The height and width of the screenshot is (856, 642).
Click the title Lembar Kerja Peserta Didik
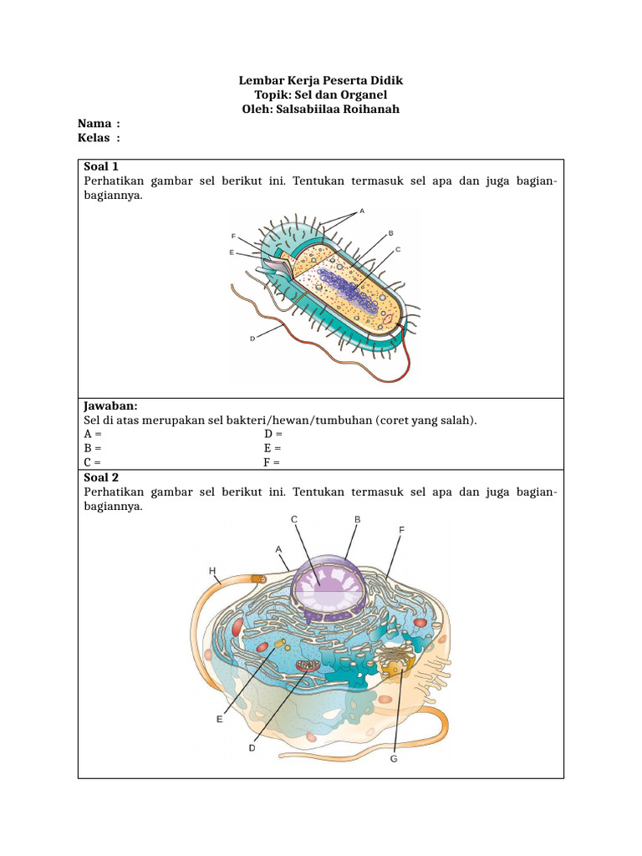point(321,81)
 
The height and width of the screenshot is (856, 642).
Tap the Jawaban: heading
point(110,405)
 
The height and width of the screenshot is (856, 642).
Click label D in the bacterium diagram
point(252,338)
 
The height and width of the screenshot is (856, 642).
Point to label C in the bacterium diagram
point(399,249)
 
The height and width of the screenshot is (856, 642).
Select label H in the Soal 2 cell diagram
point(212,570)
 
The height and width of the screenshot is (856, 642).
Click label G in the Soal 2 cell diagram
point(394,759)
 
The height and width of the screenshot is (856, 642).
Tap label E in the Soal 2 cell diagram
point(220,719)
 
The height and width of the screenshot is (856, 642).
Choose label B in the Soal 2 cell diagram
point(357,519)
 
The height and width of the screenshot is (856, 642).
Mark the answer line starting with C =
point(93,462)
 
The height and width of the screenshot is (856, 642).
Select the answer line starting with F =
point(273,462)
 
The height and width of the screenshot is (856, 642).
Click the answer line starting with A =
point(93,434)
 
